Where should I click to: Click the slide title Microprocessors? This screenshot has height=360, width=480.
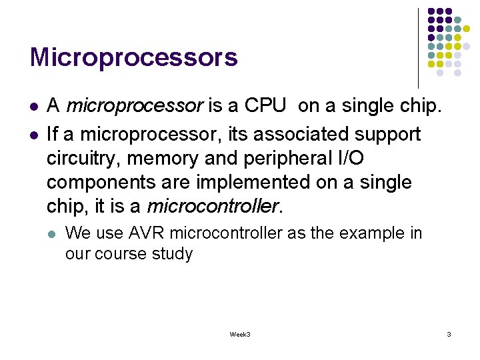[x=133, y=57]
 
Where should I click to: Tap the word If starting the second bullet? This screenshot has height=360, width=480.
[x=53, y=134]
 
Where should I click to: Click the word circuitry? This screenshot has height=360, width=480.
[x=83, y=159]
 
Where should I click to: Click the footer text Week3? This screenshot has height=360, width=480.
[x=239, y=334]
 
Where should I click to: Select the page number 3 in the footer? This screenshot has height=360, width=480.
[x=449, y=334]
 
